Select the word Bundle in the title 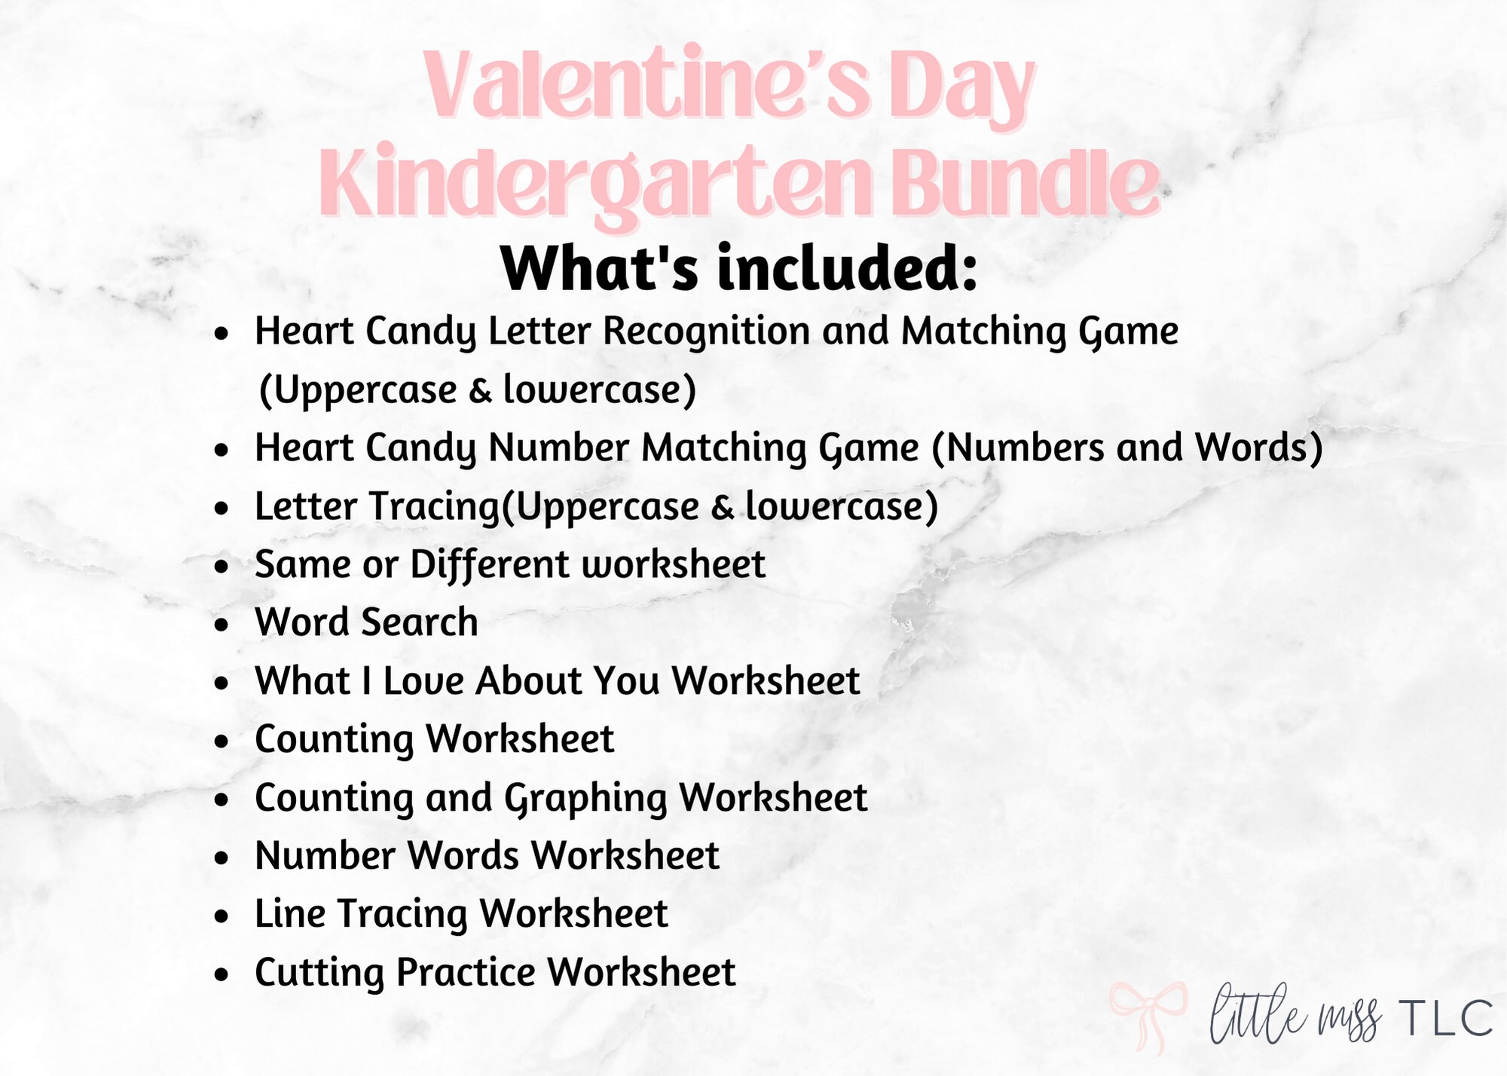pyautogui.click(x=1028, y=183)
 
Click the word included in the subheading pyautogui.click(x=847, y=269)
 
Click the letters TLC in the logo pyautogui.click(x=1446, y=1019)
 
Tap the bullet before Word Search pyautogui.click(x=221, y=625)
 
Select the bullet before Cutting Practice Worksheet pyautogui.click(x=221, y=974)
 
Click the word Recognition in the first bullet pyautogui.click(x=706, y=332)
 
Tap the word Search pyautogui.click(x=419, y=623)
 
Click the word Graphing pyautogui.click(x=585, y=799)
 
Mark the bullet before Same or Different pyautogui.click(x=221, y=566)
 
